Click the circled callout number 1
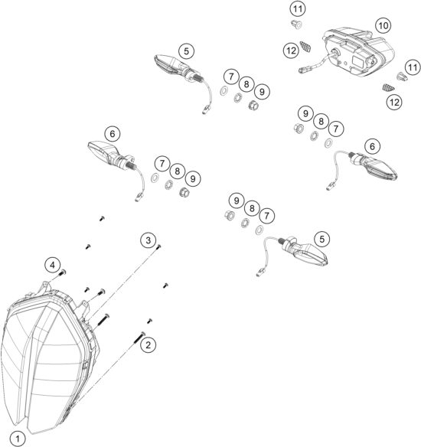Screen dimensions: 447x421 21,439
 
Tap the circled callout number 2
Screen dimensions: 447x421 149,344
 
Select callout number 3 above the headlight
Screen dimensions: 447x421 147,240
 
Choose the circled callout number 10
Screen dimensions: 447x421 383,25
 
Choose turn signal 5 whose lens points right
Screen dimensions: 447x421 306,250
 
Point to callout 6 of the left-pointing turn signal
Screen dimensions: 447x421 113,133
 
